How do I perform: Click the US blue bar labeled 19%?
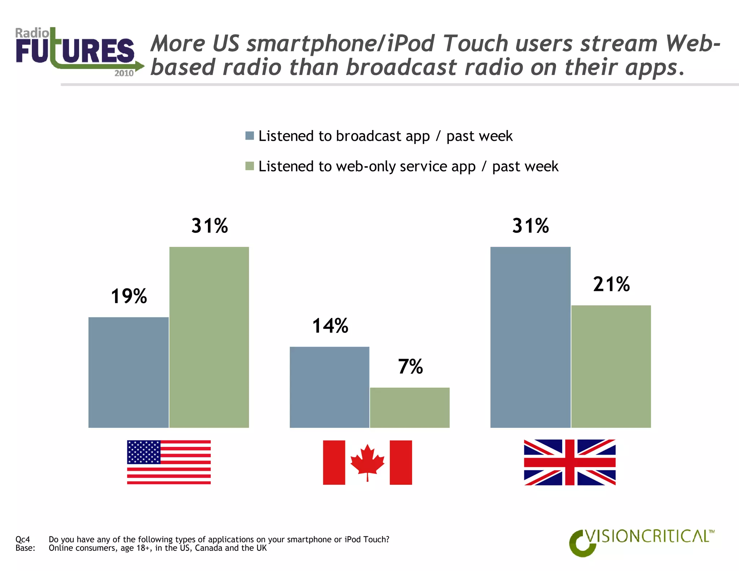pyautogui.click(x=128, y=372)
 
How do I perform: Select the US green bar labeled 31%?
pyautogui.click(x=209, y=337)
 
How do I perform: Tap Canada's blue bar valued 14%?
pyautogui.click(x=329, y=387)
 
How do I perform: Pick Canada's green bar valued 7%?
pyautogui.click(x=410, y=407)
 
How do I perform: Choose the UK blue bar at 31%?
pyautogui.click(x=530, y=337)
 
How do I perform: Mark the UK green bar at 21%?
pyautogui.click(x=611, y=366)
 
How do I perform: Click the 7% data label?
pyautogui.click(x=410, y=367)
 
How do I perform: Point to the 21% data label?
pyautogui.click(x=611, y=284)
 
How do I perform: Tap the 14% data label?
pyautogui.click(x=330, y=326)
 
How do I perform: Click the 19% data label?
pyautogui.click(x=129, y=296)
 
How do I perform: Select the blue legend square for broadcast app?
pyautogui.click(x=250, y=136)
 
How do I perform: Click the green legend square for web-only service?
pyautogui.click(x=250, y=166)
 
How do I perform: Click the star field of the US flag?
pyautogui.click(x=144, y=452)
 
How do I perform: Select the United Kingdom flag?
pyautogui.click(x=569, y=462)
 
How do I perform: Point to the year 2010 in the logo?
pyautogui.click(x=124, y=73)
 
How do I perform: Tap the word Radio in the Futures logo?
pyautogui.click(x=32, y=33)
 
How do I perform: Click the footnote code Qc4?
pyautogui.click(x=22, y=539)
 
